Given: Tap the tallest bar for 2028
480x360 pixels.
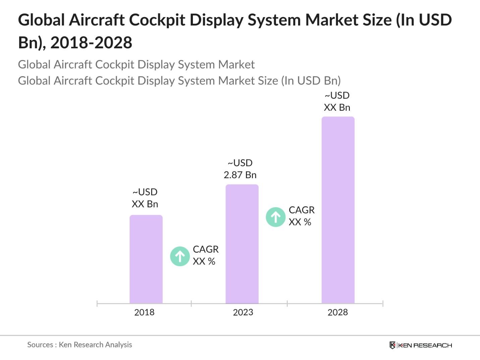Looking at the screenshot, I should click(x=338, y=210).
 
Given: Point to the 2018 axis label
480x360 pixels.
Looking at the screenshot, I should click(x=144, y=312).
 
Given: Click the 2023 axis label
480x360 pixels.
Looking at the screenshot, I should click(x=243, y=312).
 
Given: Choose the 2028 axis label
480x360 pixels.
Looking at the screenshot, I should click(x=337, y=312).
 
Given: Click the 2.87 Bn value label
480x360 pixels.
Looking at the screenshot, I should click(x=240, y=175).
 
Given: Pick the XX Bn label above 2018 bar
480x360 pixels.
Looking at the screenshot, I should click(x=145, y=204).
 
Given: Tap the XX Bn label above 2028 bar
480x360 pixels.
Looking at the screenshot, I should click(x=337, y=107).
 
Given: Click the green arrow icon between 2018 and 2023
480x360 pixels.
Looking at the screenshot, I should click(x=180, y=256).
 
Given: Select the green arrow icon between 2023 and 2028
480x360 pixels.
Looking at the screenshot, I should click(x=276, y=217).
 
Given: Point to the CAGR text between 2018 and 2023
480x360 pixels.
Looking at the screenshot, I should click(x=206, y=249).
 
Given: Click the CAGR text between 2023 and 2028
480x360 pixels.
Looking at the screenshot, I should click(x=302, y=210).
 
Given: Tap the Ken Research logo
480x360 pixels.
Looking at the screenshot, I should click(x=421, y=345).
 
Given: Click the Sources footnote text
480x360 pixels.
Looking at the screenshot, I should click(x=79, y=345).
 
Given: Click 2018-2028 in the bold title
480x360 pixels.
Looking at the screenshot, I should click(x=91, y=43).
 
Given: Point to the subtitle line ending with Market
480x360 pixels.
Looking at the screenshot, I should click(x=136, y=64).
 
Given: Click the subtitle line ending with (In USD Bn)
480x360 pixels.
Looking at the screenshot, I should click(x=179, y=81).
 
